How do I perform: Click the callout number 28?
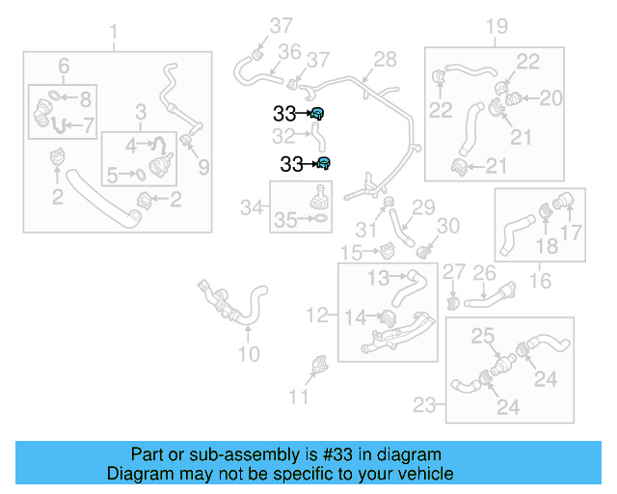coord(385,60)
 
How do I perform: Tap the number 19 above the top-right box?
coord(496,26)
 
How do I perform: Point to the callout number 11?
coord(300,396)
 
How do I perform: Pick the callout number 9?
coord(203,168)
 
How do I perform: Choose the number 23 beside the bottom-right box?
coord(425,405)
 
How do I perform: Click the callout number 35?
coord(284,220)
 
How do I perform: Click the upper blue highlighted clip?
coord(317,114)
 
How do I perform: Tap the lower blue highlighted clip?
coord(325,163)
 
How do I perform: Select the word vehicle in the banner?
coord(425,474)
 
